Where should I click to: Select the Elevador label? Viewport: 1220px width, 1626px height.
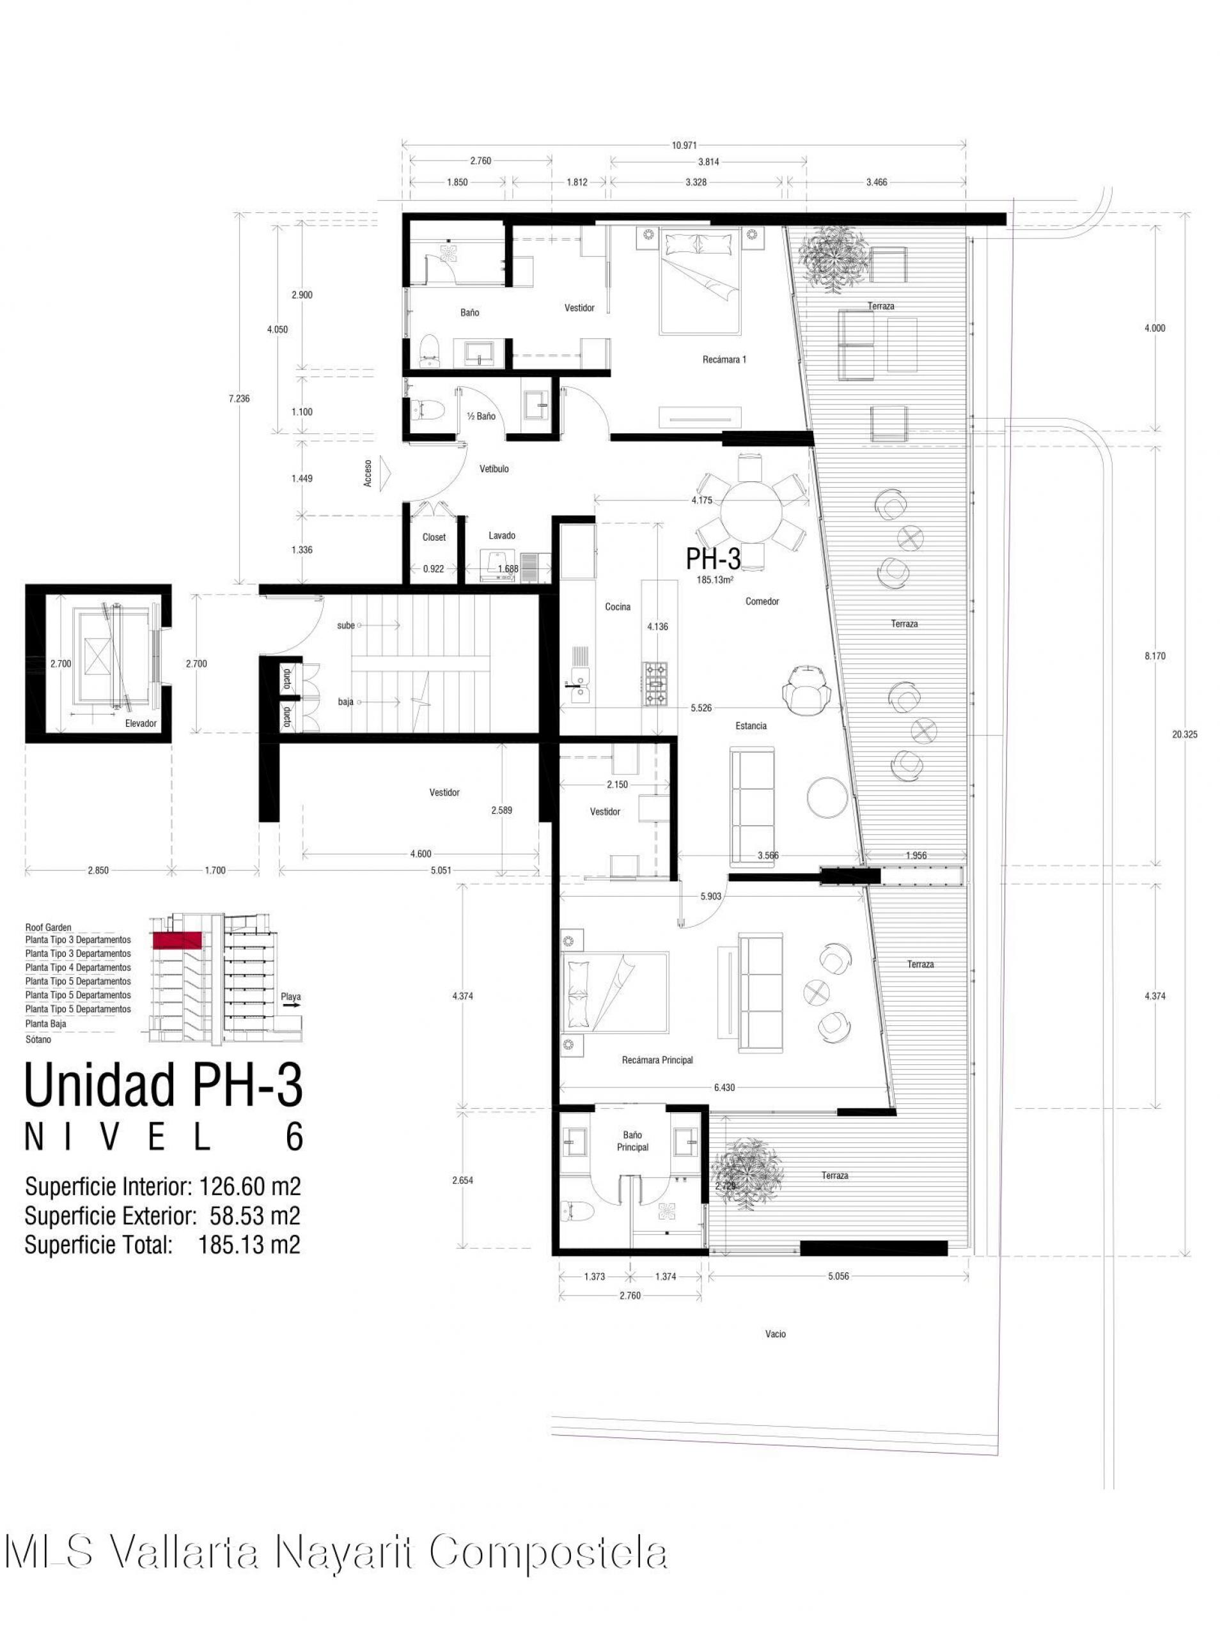[141, 724]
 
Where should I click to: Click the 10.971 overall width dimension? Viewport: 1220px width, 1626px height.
[684, 145]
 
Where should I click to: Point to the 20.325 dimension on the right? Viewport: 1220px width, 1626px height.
[1185, 734]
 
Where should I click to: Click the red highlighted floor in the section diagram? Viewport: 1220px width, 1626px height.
[176, 939]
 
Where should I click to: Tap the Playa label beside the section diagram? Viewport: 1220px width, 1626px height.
[291, 998]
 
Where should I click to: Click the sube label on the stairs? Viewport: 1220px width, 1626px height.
[347, 626]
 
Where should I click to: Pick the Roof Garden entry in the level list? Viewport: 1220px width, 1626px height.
[49, 927]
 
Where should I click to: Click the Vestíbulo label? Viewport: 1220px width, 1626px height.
[494, 469]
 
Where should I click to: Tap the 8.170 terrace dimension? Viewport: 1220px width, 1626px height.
[1155, 656]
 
